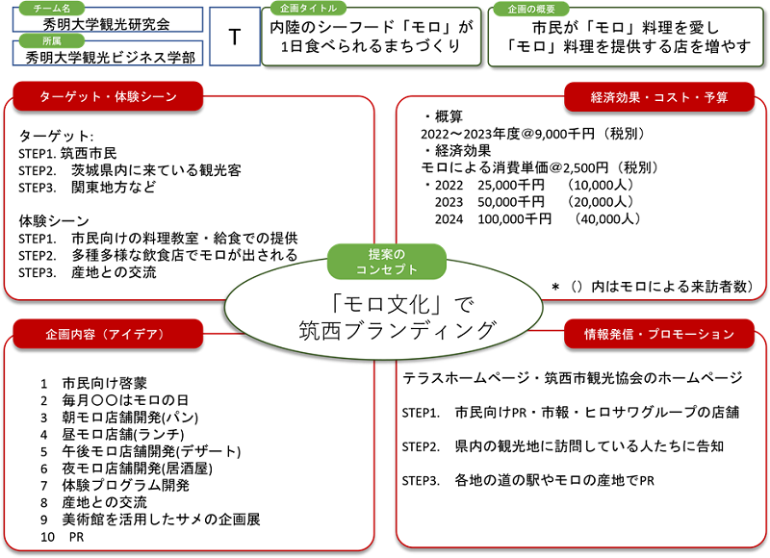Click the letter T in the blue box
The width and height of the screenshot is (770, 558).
pyautogui.click(x=235, y=38)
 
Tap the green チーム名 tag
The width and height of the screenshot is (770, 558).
pyautogui.click(x=52, y=9)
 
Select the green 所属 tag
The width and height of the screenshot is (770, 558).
pyautogui.click(x=52, y=40)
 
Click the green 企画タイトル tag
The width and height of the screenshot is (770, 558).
pyautogui.click(x=308, y=9)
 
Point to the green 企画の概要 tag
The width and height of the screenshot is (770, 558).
pyautogui.click(x=531, y=9)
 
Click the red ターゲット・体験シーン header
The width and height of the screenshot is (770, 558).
pyautogui.click(x=108, y=96)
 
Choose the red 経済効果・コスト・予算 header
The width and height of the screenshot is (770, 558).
pyautogui.click(x=659, y=97)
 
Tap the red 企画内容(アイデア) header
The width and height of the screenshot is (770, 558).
pyautogui.click(x=108, y=334)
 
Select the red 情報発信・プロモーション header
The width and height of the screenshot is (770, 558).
pyautogui.click(x=659, y=334)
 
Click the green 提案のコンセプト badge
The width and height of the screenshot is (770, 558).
pyautogui.click(x=387, y=262)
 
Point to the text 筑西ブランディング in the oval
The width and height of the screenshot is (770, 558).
pyautogui.click(x=398, y=330)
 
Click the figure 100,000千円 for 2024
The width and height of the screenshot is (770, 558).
pyautogui.click(x=515, y=219)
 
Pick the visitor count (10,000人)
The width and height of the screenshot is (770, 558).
pyautogui.click(x=600, y=185)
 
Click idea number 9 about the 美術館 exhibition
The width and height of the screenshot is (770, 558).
pyautogui.click(x=150, y=520)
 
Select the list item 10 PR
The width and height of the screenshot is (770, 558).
pyautogui.click(x=63, y=537)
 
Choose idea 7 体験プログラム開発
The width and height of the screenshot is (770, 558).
pyautogui.click(x=115, y=486)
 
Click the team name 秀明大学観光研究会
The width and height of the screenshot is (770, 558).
pyautogui.click(x=107, y=23)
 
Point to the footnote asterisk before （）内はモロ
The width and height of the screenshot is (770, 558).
pyautogui.click(x=555, y=287)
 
